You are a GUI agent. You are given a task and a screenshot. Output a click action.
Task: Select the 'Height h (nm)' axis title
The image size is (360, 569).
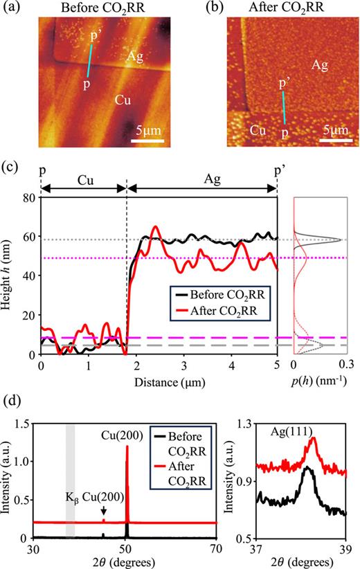click(10, 276)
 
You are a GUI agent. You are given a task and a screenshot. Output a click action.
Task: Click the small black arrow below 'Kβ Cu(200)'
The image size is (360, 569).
click(103, 509)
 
